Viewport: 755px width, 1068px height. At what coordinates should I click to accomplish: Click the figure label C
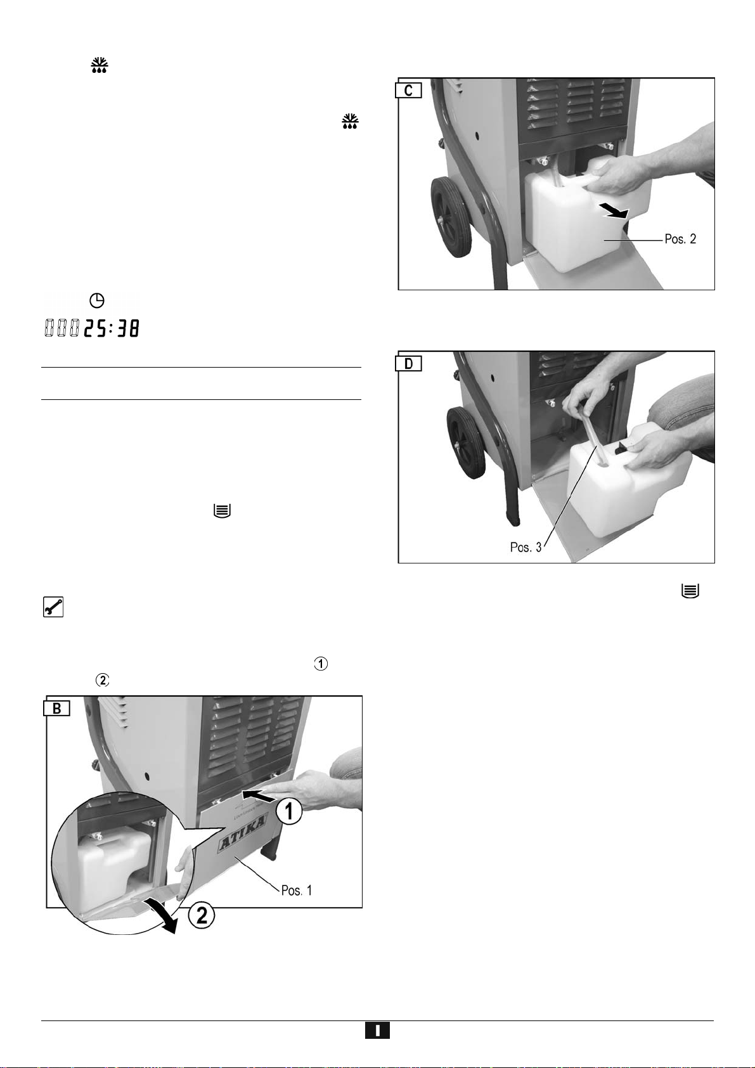tap(409, 90)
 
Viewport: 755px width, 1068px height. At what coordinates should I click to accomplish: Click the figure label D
tap(409, 364)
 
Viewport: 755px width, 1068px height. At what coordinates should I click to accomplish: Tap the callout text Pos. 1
tap(296, 890)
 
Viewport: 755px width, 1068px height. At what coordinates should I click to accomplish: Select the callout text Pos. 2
tap(680, 239)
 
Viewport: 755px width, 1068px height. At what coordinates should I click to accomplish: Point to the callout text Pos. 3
tap(526, 547)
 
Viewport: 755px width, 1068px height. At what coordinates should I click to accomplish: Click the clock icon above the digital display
tap(97, 300)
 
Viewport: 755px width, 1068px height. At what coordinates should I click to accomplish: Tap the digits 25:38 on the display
tap(112, 328)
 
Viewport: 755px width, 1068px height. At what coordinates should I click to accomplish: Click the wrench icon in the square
tap(53, 607)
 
